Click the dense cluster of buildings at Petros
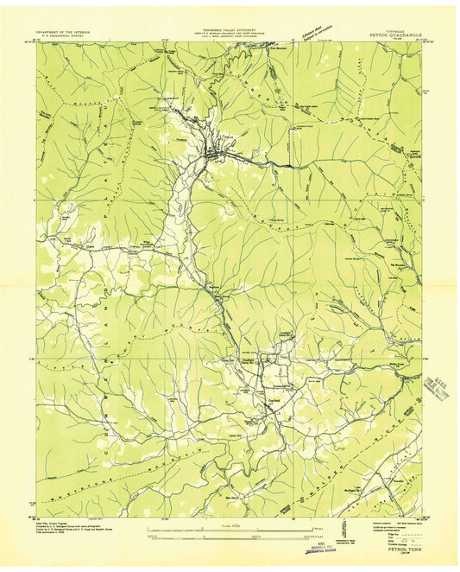point(216,156)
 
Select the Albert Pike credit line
point(60,524)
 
